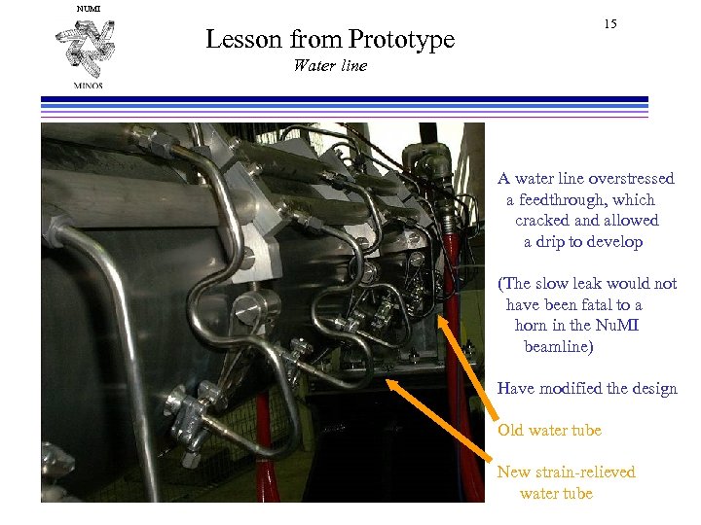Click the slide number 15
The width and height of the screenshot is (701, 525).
609,23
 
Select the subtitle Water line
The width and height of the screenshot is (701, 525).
330,66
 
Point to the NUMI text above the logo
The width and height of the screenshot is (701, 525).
88,9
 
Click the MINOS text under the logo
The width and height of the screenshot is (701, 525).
87,85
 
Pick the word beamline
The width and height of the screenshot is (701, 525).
559,346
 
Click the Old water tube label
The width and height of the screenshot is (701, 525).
549,431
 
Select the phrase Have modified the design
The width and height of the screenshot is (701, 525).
587,389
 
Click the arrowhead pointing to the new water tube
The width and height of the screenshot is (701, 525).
392,384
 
